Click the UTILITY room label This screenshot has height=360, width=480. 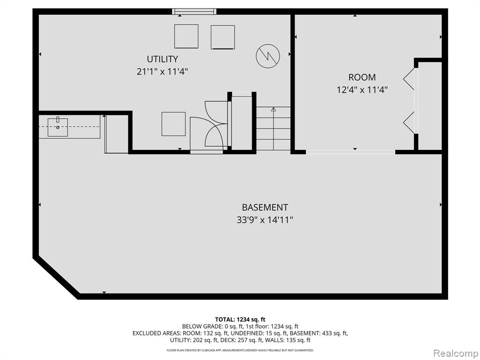tap(162, 59)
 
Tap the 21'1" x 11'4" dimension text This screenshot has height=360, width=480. tap(162, 72)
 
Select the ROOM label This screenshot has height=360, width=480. tap(362, 77)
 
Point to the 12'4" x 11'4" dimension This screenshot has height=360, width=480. tap(362, 90)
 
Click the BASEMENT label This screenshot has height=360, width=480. tap(265, 207)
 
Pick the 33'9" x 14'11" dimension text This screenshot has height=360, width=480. tap(265, 220)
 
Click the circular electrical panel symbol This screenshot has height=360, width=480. tap(268, 56)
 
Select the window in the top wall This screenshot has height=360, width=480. tap(194, 12)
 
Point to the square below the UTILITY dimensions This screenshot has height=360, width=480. tap(173, 124)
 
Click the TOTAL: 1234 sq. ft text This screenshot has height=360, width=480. tap(240, 320)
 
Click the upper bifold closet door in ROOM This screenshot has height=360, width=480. tap(409, 79)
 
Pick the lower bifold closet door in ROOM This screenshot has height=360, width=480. tap(409, 122)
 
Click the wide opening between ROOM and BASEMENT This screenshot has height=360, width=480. tap(351, 152)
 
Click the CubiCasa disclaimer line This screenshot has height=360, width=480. tap(240, 350)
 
